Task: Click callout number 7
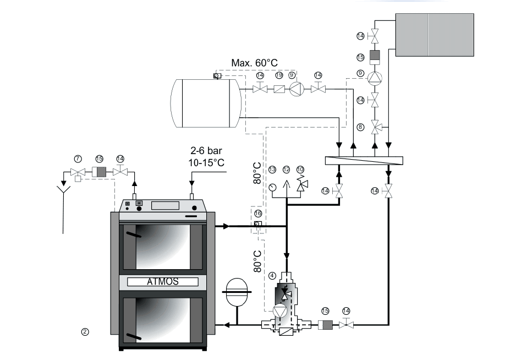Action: tap(79, 159)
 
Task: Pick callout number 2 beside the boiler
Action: tap(85, 331)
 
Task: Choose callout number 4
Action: tap(273, 274)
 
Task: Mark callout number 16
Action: tap(257, 212)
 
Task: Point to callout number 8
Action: tap(361, 127)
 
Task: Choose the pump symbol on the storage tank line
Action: tap(297, 88)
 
